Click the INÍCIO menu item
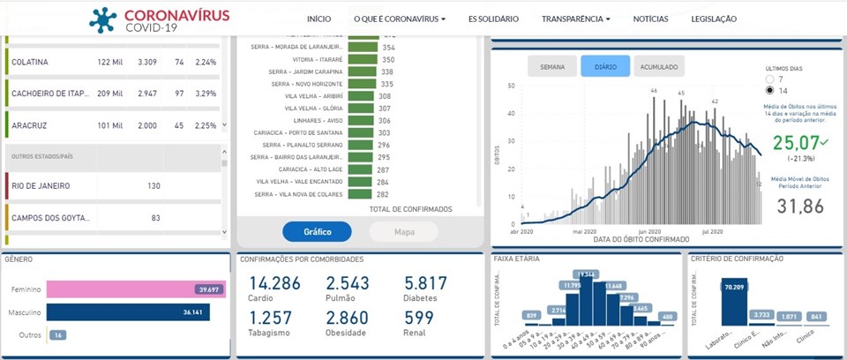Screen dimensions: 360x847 coord(319,19)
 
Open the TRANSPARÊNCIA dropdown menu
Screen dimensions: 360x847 coord(576,19)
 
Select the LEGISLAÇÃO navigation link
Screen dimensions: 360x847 coord(714,19)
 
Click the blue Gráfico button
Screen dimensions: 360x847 coord(317,231)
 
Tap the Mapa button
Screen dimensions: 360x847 coord(403,231)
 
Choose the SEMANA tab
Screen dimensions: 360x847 coord(552,66)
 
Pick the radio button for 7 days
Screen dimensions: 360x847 coord(771,79)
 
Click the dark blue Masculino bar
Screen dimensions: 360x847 coord(128,311)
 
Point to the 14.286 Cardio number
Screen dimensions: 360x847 coord(274,283)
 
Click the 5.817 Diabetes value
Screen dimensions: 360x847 coord(426,283)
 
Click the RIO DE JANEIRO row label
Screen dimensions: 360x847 coord(41,186)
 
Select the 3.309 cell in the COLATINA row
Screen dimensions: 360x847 coord(147,62)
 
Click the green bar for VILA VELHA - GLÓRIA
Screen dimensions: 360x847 coord(360,109)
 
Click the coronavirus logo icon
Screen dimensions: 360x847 coord(103,19)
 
